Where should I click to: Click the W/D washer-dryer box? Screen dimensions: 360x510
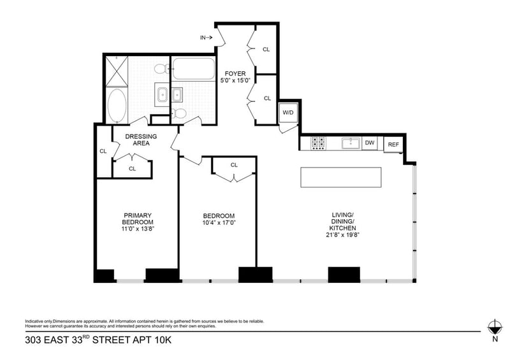288,113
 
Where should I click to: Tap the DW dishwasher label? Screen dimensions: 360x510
370,143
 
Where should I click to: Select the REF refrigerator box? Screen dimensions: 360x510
393,145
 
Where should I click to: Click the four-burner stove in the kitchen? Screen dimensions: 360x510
318,143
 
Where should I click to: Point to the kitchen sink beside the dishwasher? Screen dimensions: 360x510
349,143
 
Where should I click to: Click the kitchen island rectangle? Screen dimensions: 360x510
341,178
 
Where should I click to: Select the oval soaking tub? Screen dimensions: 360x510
117,105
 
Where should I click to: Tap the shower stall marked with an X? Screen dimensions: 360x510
117,71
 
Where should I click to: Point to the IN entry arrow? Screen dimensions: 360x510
207,38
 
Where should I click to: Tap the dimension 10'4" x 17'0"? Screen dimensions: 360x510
219,222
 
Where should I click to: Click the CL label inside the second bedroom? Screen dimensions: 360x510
234,165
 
